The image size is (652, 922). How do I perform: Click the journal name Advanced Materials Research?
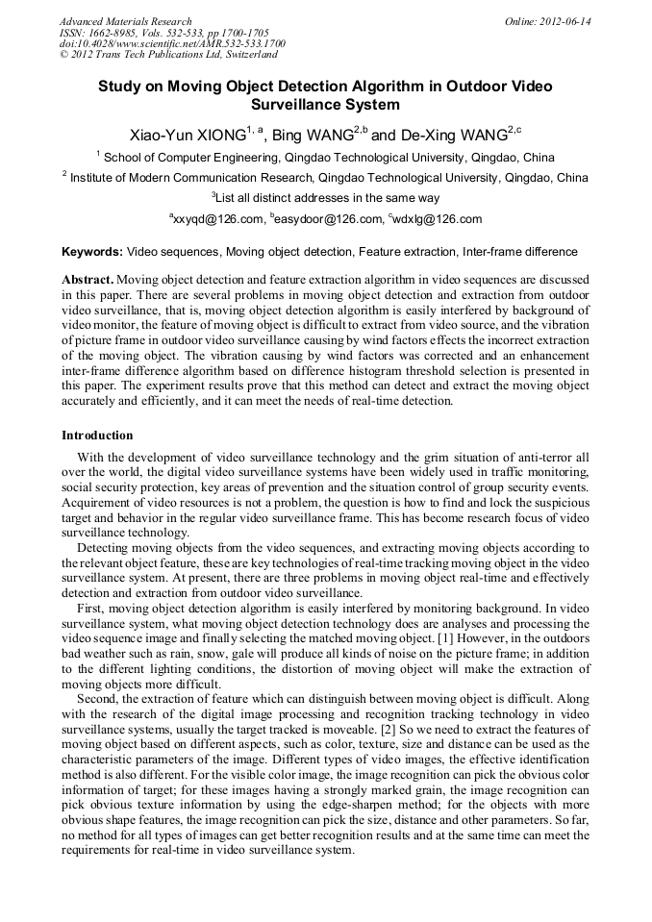pyautogui.click(x=125, y=21)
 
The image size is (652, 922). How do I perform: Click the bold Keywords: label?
pyautogui.click(x=92, y=252)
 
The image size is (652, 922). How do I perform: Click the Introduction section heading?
pyautogui.click(x=97, y=436)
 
